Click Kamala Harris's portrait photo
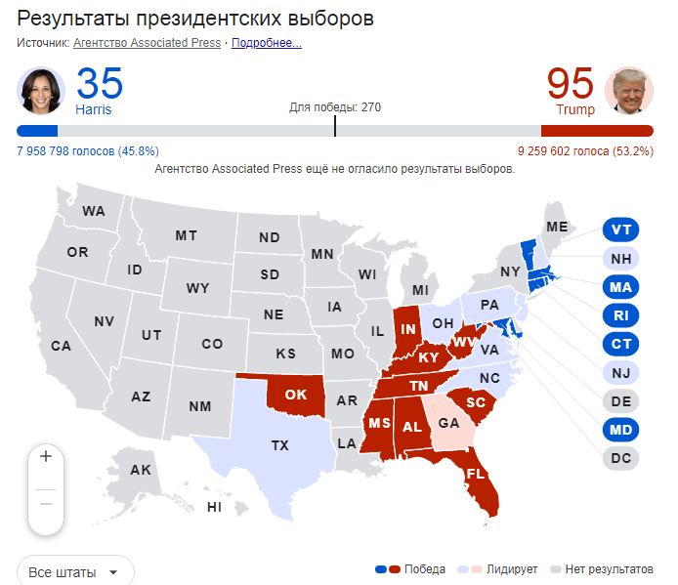[x=41, y=91]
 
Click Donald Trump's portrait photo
[x=629, y=91]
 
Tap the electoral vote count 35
[x=99, y=84]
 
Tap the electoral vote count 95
[x=571, y=84]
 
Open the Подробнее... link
[x=267, y=43]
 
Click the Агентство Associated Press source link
[x=147, y=43]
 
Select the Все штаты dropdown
[x=75, y=571]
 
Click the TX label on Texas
[x=279, y=445]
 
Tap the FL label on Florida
[x=476, y=474]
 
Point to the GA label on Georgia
[x=448, y=424]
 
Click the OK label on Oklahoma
[x=295, y=395]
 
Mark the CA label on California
[x=62, y=345]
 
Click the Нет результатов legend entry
[x=607, y=569]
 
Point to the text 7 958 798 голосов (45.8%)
[x=88, y=151]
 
